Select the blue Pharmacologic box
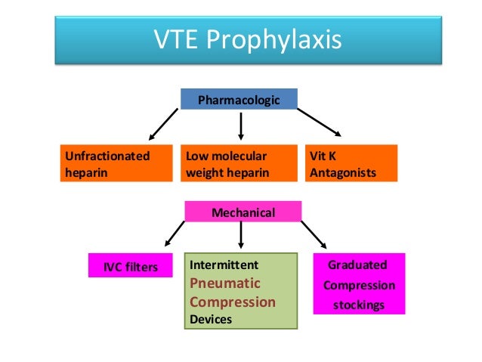click(x=239, y=99)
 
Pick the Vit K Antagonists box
click(x=351, y=164)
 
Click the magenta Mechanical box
click(x=243, y=213)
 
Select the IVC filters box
click(x=125, y=266)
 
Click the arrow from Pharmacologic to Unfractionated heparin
click(x=163, y=125)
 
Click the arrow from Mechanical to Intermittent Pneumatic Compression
click(x=240, y=236)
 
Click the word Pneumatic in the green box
click(x=224, y=283)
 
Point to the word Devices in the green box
click(x=211, y=320)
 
